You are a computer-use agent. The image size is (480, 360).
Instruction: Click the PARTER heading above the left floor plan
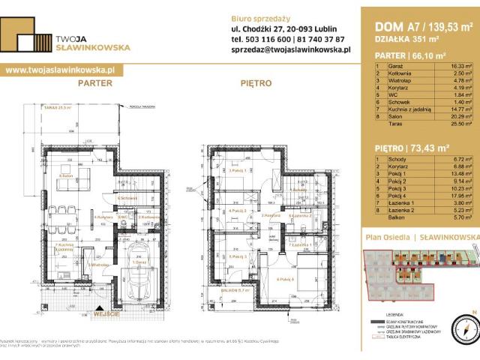click(94, 83)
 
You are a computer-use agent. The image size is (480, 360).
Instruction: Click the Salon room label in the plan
click(65, 177)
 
